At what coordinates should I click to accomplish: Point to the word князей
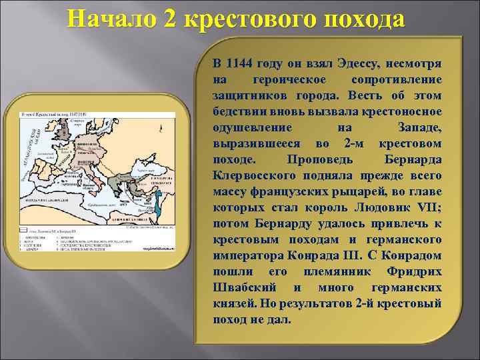coord(233,303)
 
